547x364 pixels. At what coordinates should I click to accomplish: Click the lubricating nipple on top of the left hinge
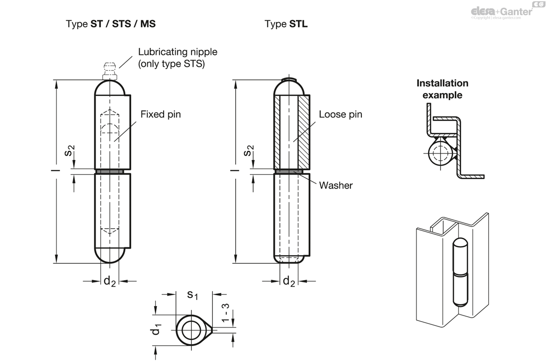click(109, 71)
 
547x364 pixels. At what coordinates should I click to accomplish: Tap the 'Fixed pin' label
click(160, 114)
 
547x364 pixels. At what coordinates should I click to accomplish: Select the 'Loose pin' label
click(341, 114)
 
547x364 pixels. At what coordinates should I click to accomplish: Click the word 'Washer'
click(336, 185)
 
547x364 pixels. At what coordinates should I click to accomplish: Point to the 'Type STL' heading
click(286, 24)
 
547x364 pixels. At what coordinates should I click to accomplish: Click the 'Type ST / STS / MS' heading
click(111, 24)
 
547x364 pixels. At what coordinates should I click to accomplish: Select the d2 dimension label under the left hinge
click(109, 281)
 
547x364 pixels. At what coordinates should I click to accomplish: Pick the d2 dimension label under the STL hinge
click(289, 281)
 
